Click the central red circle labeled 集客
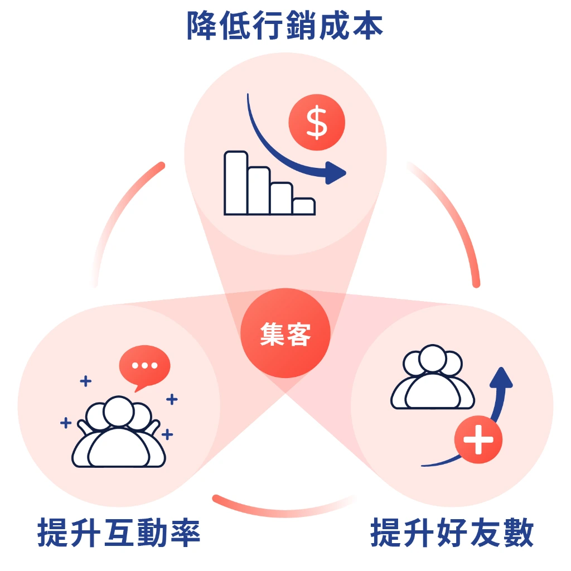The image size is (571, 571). [285, 333]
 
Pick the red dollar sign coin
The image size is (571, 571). [317, 123]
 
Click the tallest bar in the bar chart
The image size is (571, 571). [236, 183]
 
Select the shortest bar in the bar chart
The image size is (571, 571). [304, 206]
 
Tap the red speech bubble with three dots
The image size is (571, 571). [144, 366]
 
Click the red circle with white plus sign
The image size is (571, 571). [478, 439]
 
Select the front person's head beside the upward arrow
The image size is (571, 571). [432, 360]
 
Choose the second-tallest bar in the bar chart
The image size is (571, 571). [259, 191]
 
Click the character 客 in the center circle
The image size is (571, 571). [299, 335]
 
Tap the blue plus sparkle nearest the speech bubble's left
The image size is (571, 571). [85, 381]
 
